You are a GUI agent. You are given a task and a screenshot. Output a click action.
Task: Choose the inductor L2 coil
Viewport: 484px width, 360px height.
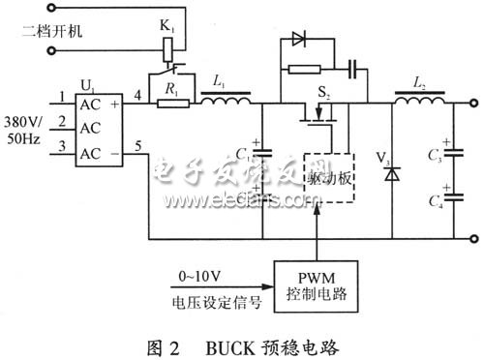[x=419, y=99]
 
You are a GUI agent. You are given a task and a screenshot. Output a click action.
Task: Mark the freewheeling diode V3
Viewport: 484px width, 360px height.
[x=392, y=176]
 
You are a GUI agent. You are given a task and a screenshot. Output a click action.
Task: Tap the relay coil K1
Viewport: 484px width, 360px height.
[x=171, y=45]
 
